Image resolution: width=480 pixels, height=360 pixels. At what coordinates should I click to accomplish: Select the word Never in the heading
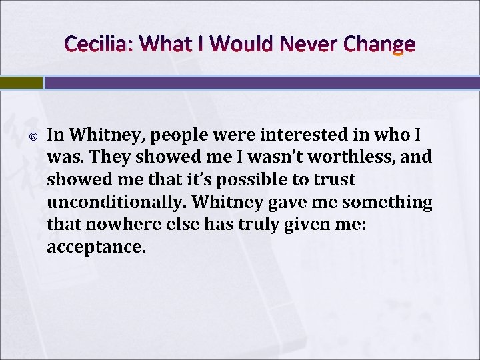[307, 45]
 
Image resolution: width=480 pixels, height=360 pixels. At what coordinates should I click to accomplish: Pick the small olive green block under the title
[21, 83]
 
